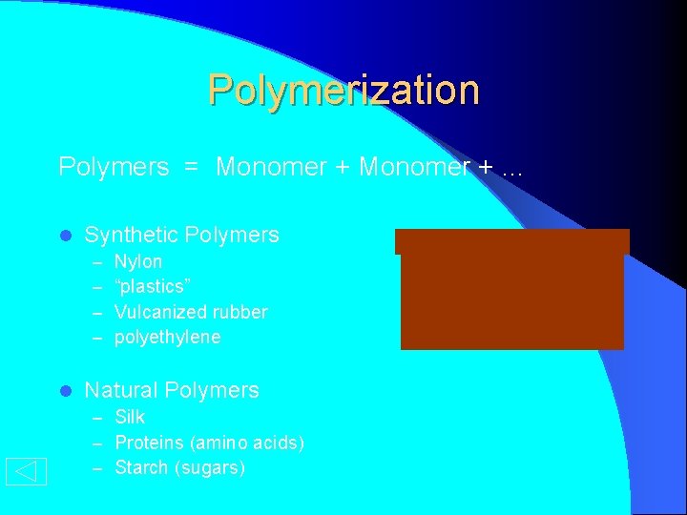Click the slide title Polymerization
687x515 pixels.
343,90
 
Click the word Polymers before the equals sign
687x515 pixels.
114,167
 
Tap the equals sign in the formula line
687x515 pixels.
192,168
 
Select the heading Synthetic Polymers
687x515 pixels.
181,235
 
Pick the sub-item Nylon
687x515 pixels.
138,261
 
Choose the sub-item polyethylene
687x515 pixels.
167,337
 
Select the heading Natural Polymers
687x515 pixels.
172,390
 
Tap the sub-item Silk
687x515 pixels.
130,417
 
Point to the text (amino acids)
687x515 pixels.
247,443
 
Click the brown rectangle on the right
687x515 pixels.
512,291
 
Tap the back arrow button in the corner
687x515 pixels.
26,471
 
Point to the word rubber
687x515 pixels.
243,312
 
